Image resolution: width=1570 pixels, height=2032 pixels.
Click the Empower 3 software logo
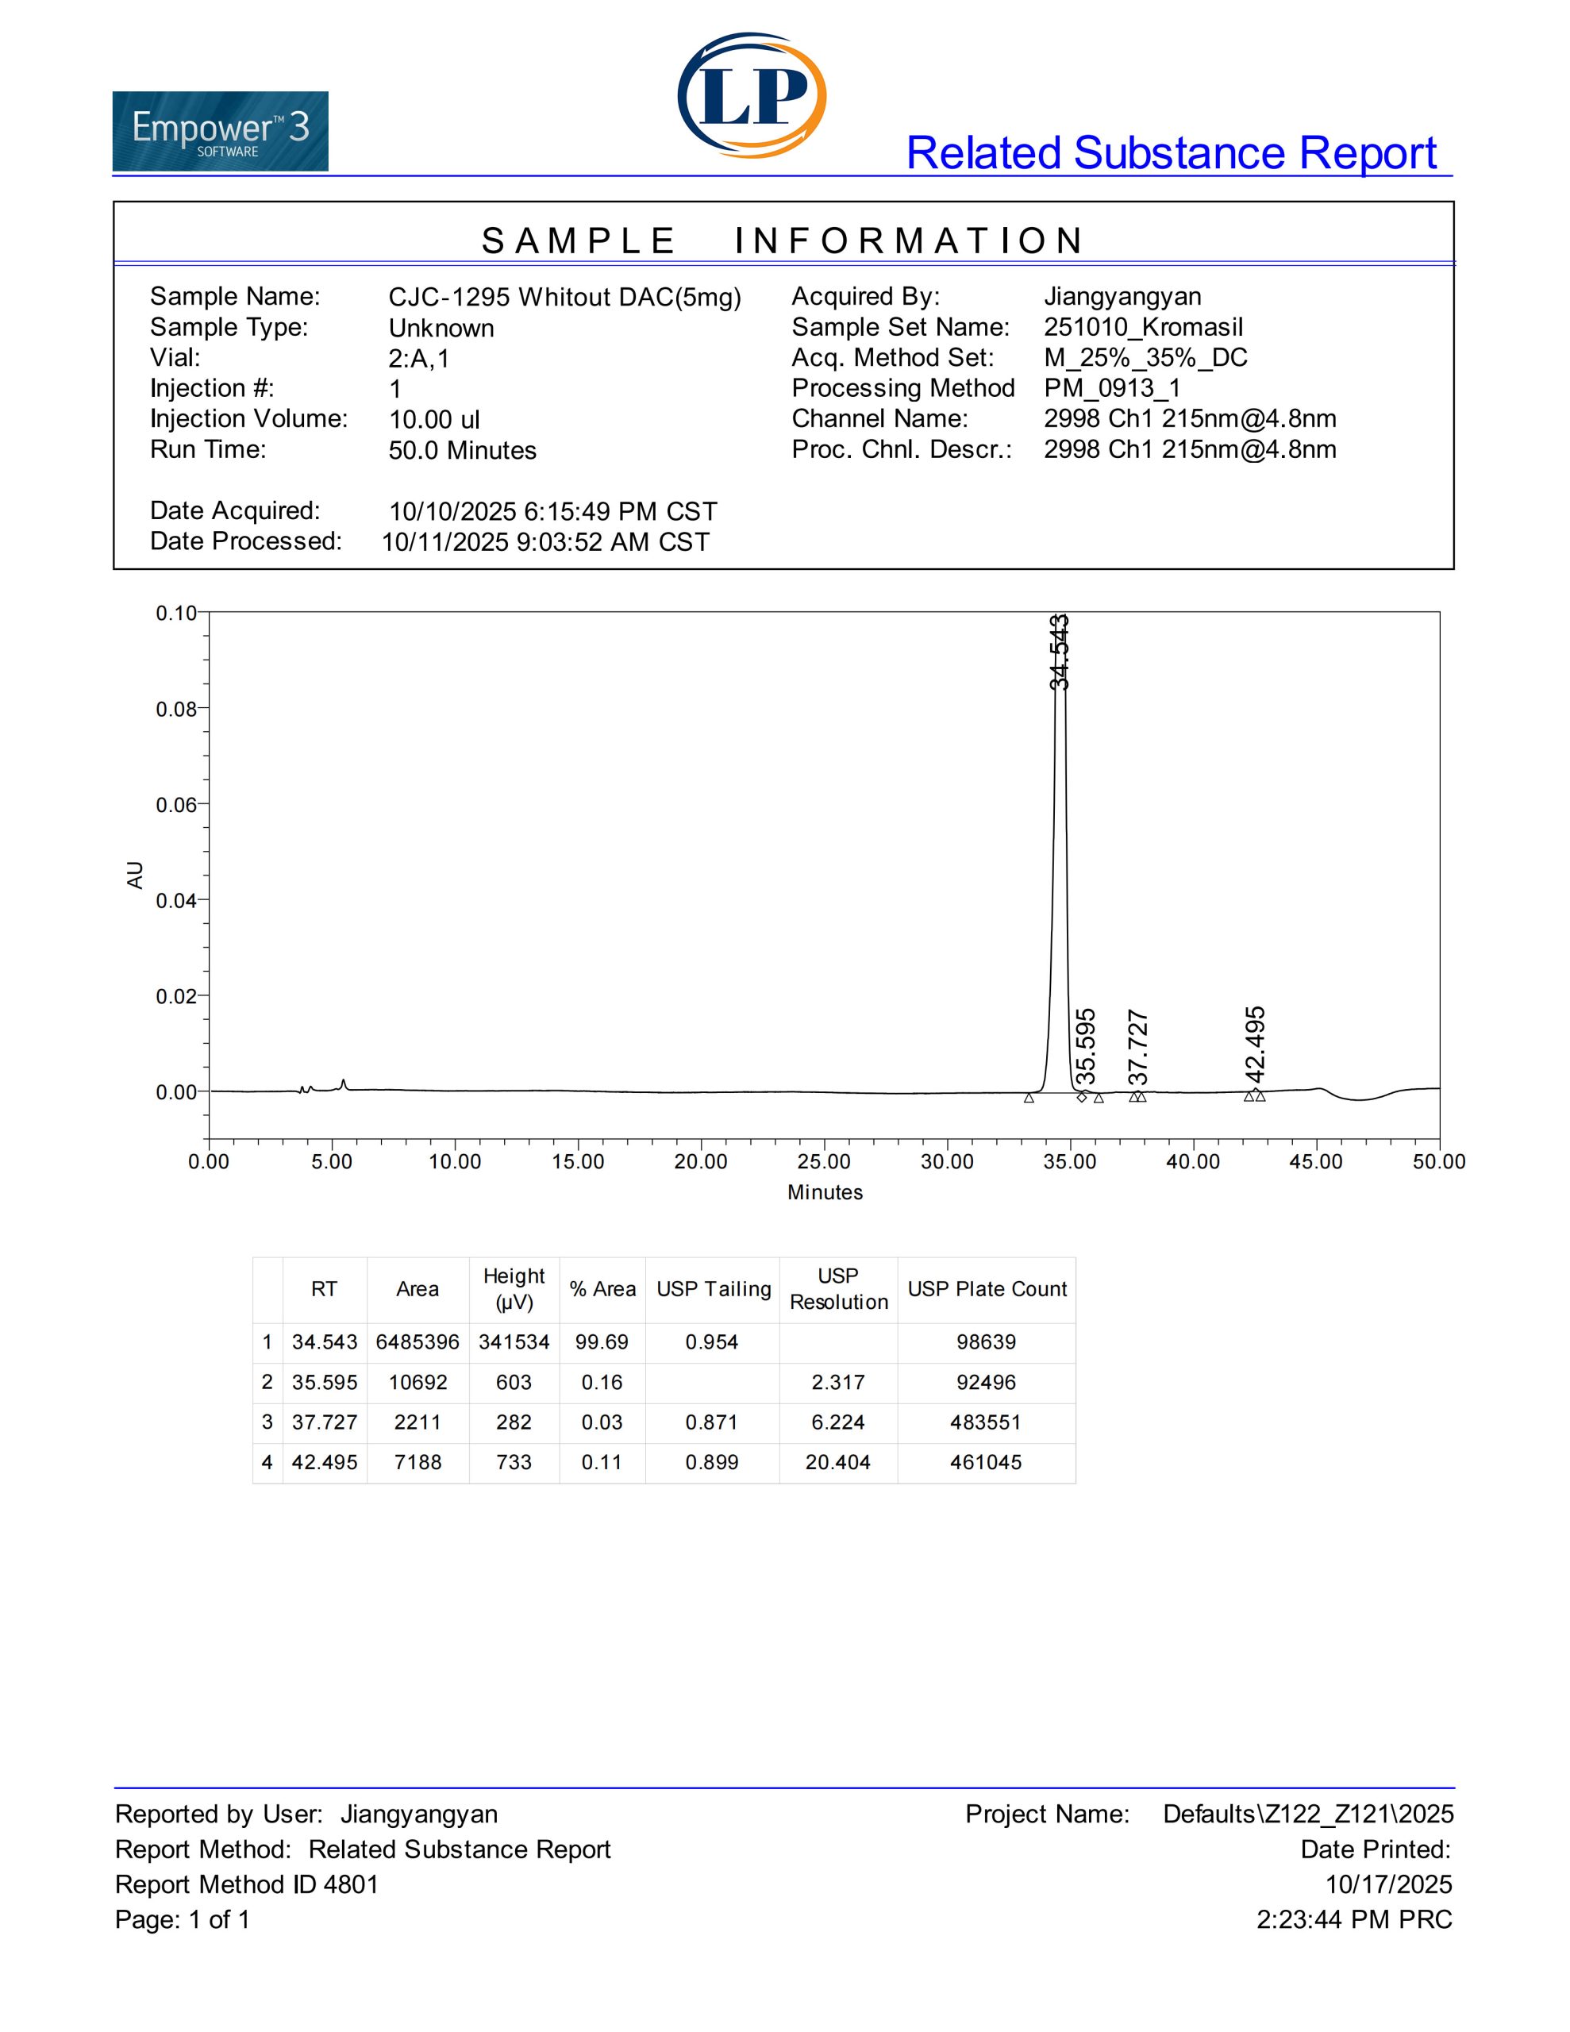tap(220, 131)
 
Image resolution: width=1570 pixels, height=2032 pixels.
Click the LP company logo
tap(752, 95)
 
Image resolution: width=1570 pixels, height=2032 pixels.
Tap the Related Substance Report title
tap(1171, 153)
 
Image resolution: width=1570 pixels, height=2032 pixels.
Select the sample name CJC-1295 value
tap(564, 297)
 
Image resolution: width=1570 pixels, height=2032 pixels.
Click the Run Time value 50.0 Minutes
tap(462, 450)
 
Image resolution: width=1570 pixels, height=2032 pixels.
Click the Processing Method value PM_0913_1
tap(1111, 388)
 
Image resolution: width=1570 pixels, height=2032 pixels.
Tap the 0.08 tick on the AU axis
tap(177, 710)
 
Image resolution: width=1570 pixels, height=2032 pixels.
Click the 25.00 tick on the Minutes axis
tap(824, 1161)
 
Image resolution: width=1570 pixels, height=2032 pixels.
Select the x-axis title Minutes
tap(825, 1192)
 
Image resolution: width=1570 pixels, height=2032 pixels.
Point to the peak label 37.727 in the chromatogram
tap(1137, 1048)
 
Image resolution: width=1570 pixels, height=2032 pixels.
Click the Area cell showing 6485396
tap(417, 1341)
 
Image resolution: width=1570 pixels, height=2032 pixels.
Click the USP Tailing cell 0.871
tap(712, 1422)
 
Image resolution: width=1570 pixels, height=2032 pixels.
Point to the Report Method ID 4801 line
tap(247, 1884)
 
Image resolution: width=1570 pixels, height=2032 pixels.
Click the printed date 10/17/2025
tap(1387, 1884)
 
